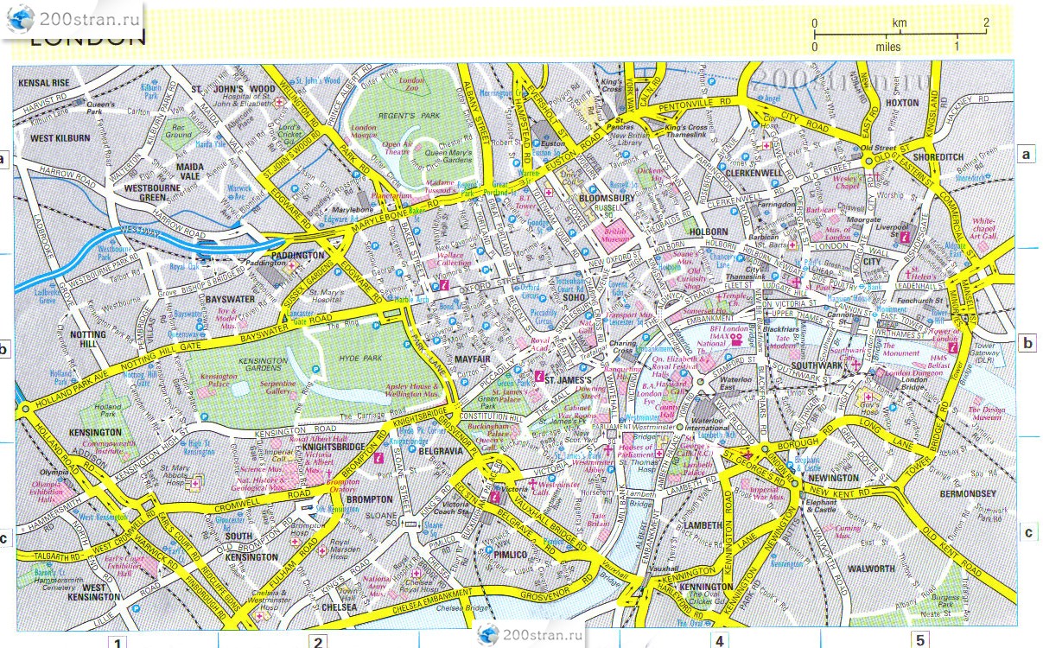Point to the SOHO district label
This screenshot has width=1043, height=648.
click(574, 297)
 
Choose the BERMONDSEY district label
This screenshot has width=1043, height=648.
click(968, 493)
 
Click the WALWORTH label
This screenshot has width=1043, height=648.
click(870, 569)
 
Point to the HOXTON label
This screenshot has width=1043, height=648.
click(901, 102)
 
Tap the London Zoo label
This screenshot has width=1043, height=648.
click(410, 85)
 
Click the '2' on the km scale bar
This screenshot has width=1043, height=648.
click(985, 22)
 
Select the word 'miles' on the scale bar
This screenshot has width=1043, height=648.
click(887, 48)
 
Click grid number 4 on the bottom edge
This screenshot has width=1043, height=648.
click(719, 640)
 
